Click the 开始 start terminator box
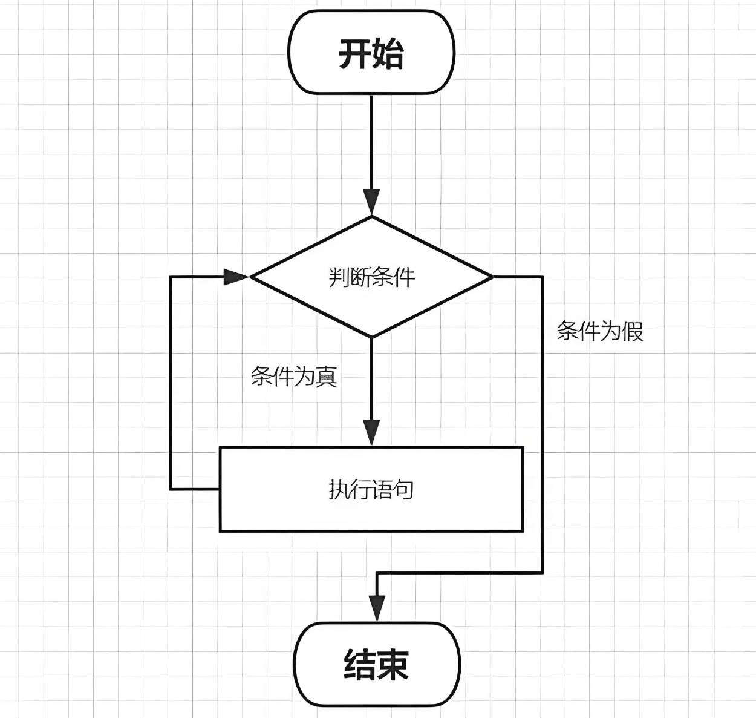point(371,52)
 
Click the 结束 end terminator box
point(377,664)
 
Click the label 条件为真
point(294,377)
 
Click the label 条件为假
point(600,331)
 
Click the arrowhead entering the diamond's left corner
point(236,277)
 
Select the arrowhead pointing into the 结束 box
point(377,607)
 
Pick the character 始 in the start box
point(388,53)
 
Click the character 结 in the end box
point(360,664)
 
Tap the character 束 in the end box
point(394,664)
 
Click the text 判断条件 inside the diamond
point(372,277)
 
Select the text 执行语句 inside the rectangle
point(371,489)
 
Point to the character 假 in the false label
point(633,331)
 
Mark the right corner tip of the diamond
point(492,277)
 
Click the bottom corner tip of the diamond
point(371,336)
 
